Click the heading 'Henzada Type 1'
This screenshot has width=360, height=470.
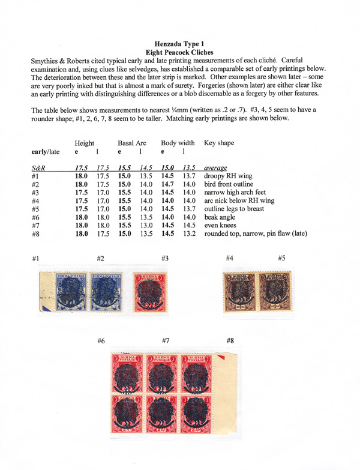click(179, 44)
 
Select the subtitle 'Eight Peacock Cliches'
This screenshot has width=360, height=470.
click(179, 53)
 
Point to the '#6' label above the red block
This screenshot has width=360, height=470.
click(101, 340)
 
